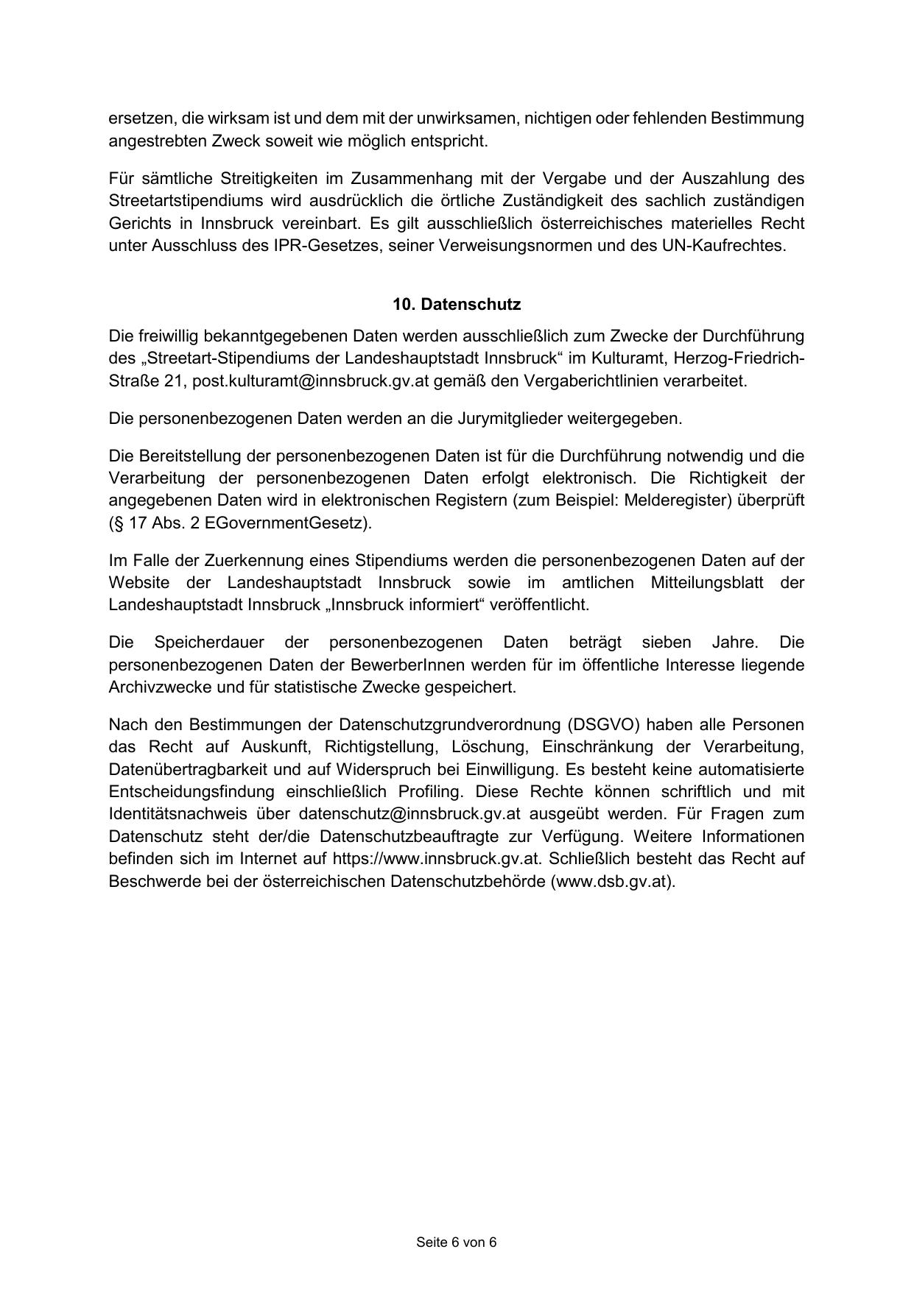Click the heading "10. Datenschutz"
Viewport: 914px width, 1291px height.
pyautogui.click(x=457, y=305)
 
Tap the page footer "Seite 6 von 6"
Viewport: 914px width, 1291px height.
pyautogui.click(x=457, y=1242)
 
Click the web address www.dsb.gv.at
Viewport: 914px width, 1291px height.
pyautogui.click(x=612, y=881)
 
